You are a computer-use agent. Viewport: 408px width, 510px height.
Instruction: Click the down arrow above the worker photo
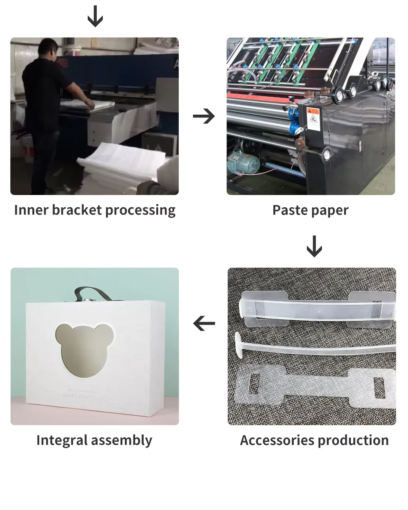pos(95,17)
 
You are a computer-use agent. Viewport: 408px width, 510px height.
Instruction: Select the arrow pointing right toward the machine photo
pos(204,116)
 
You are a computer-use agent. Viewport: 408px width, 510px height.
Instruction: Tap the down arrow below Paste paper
pos(314,246)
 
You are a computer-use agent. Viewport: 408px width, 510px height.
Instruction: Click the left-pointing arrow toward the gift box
pos(204,324)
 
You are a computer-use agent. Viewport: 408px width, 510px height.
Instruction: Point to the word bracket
pos(77,210)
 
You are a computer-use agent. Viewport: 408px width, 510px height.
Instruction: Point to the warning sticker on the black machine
pos(313,118)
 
